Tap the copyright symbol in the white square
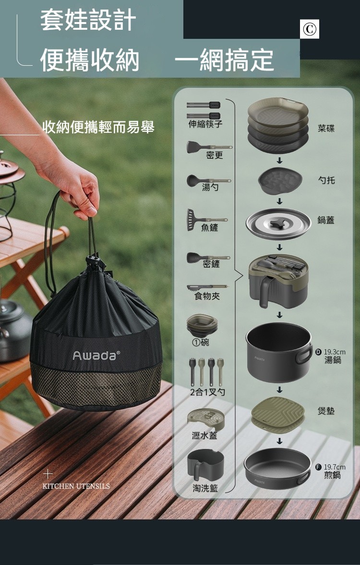(309, 29)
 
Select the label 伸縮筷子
(205, 124)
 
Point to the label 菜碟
(326, 128)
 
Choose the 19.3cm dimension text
(335, 352)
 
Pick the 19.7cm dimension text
(335, 467)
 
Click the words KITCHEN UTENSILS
(76, 486)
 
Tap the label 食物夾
(207, 296)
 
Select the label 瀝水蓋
(204, 436)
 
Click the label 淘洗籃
(205, 488)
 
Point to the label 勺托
(326, 180)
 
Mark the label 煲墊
(326, 411)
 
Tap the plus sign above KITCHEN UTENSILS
(48, 474)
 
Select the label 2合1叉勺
(207, 392)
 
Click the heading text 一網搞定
(224, 60)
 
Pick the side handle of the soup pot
(304, 354)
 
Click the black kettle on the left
(14, 331)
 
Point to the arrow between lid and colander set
(279, 247)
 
